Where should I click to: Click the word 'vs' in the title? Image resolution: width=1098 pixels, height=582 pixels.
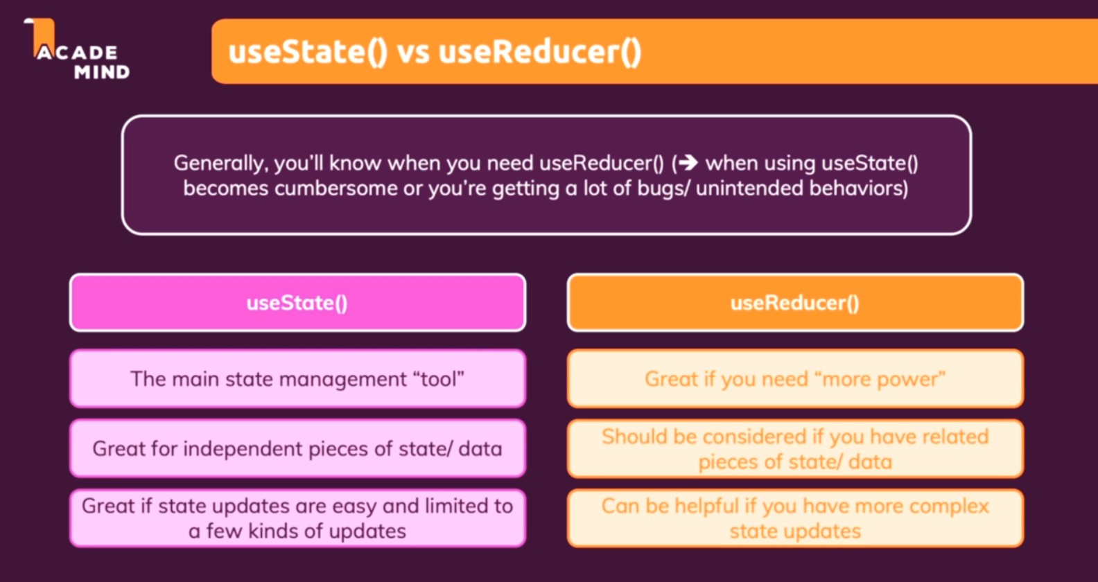[x=413, y=53]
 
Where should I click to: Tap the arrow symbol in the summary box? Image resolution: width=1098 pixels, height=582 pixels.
[x=688, y=163]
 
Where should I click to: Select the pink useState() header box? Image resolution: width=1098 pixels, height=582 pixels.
[x=297, y=303]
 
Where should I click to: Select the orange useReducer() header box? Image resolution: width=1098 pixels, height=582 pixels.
[x=795, y=303]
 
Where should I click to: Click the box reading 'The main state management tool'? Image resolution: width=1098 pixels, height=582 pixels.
[x=297, y=379]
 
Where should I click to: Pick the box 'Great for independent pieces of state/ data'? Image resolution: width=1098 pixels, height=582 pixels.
[x=297, y=448]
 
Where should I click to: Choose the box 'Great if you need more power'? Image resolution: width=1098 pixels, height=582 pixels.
[x=795, y=379]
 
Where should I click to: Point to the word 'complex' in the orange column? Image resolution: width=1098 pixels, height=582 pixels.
[x=949, y=506]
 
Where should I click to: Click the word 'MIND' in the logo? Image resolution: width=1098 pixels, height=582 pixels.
[x=102, y=72]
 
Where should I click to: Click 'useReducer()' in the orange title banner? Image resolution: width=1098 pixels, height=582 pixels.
[x=540, y=53]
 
